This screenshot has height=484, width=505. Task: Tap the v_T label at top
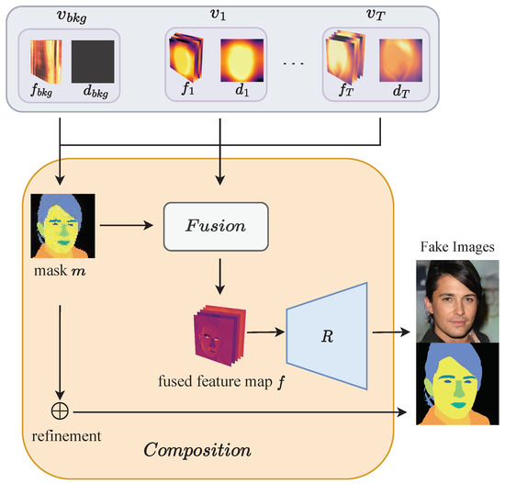click(x=374, y=13)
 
